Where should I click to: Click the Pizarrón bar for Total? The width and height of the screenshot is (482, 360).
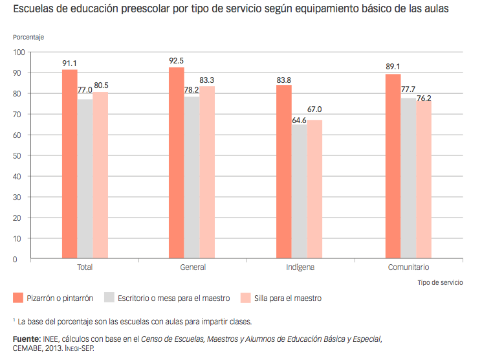click(x=70, y=164)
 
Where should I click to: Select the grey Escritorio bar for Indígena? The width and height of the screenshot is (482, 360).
click(x=299, y=192)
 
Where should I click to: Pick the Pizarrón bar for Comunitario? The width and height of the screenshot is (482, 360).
click(x=393, y=166)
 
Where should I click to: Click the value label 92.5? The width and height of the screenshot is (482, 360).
click(x=176, y=61)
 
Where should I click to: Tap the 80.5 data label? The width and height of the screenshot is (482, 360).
click(x=101, y=85)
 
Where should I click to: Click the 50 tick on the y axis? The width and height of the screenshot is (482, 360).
click(x=19, y=155)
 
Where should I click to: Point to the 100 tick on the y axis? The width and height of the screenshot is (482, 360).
click(x=17, y=52)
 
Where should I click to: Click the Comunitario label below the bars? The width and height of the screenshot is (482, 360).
click(x=408, y=267)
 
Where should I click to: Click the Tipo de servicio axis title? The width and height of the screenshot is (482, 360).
click(x=441, y=282)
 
